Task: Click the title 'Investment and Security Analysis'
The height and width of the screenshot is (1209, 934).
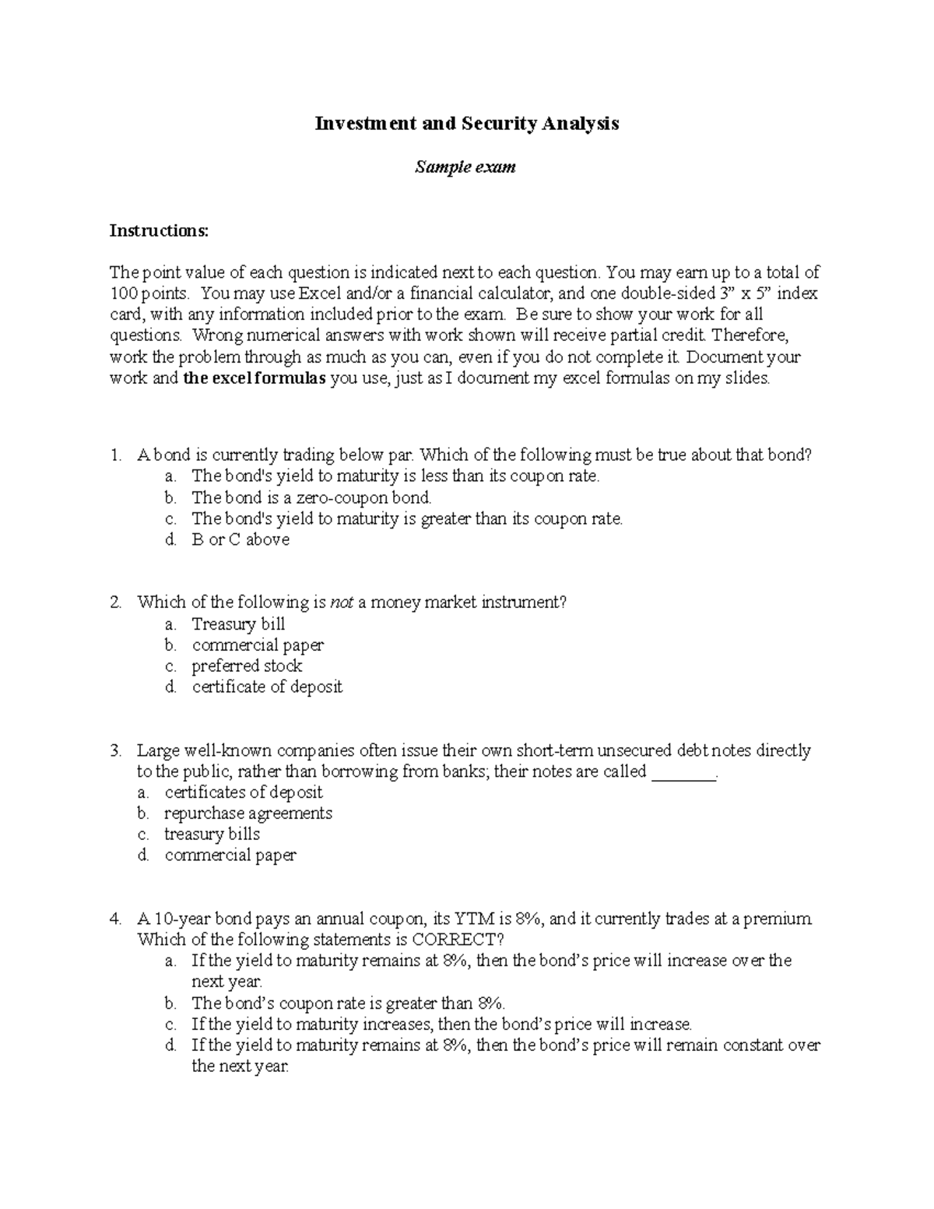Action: coord(466,123)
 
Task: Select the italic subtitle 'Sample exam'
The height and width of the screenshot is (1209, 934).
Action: coord(465,167)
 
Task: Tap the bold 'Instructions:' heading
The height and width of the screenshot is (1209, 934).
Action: coord(159,230)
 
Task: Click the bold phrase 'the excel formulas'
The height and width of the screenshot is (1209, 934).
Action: coord(254,379)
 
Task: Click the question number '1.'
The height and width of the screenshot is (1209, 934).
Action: coord(116,455)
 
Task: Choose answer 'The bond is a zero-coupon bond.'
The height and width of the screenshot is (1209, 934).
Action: coord(311,497)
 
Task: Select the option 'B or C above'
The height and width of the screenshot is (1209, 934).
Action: coord(241,539)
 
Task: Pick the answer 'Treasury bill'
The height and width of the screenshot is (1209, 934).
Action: coord(238,624)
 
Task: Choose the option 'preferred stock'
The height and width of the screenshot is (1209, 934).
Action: coord(247,666)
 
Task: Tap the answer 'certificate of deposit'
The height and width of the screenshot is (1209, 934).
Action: coord(267,687)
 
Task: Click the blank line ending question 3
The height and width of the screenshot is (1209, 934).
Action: coord(683,772)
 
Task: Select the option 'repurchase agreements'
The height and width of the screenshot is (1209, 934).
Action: coord(248,813)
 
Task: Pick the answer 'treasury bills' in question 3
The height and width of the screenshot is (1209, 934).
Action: coord(212,834)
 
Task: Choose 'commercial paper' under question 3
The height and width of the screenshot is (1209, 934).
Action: coord(230,855)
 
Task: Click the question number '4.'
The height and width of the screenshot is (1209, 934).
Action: coord(116,919)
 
